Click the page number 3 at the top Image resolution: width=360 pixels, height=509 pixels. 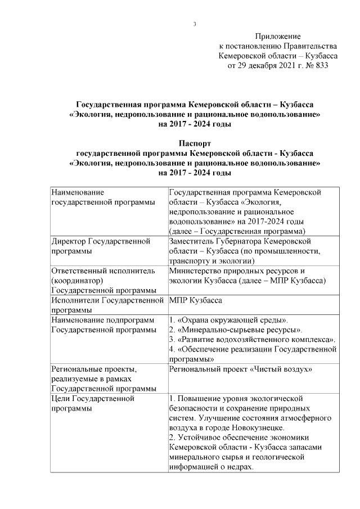(194, 24)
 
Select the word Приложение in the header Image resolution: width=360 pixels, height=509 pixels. (278, 36)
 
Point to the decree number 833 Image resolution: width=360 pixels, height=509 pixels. (318, 65)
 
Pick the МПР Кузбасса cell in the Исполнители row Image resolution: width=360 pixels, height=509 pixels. (195, 300)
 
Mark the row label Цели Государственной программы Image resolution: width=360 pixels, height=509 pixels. (93, 403)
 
